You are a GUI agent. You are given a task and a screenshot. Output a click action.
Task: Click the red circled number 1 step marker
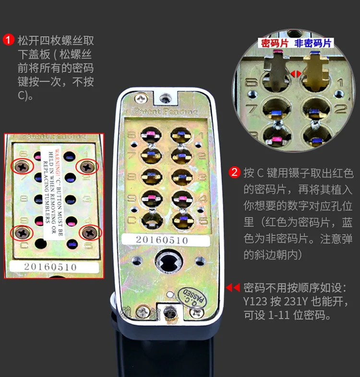click(x=9, y=40)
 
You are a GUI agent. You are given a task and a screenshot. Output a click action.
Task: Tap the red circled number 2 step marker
click(x=235, y=172)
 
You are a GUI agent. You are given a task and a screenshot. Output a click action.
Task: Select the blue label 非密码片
click(x=312, y=43)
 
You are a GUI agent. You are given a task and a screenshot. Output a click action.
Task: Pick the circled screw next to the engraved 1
click(x=88, y=167)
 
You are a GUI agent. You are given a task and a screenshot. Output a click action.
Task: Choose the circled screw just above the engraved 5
click(x=90, y=232)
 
